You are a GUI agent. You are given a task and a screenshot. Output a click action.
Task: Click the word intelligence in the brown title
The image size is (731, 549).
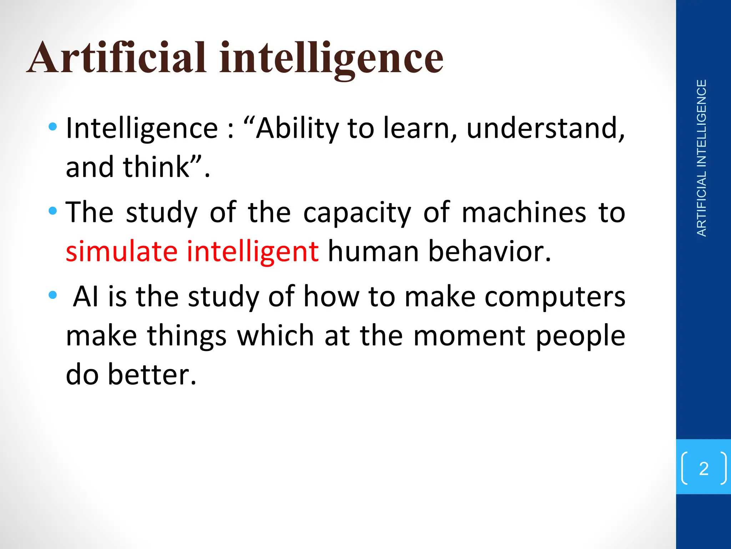pyautogui.click(x=331, y=59)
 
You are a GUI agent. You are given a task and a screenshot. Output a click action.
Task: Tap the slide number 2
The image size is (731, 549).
pyautogui.click(x=704, y=468)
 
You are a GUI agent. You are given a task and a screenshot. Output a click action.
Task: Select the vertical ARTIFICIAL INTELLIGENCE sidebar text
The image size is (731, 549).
pyautogui.click(x=702, y=158)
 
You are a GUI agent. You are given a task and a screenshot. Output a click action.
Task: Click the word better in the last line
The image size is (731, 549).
pyautogui.click(x=152, y=374)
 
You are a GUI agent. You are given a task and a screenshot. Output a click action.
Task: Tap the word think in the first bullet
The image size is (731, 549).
pyautogui.click(x=156, y=167)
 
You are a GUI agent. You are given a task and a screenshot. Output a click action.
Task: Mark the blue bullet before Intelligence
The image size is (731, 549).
pyautogui.click(x=53, y=126)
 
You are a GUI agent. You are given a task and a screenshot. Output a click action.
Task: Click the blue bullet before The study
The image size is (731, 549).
pyautogui.click(x=53, y=211)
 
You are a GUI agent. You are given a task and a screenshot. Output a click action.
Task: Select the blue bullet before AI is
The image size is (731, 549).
pyautogui.click(x=53, y=295)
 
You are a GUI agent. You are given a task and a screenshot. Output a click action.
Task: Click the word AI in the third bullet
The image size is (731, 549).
pyautogui.click(x=86, y=297)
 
